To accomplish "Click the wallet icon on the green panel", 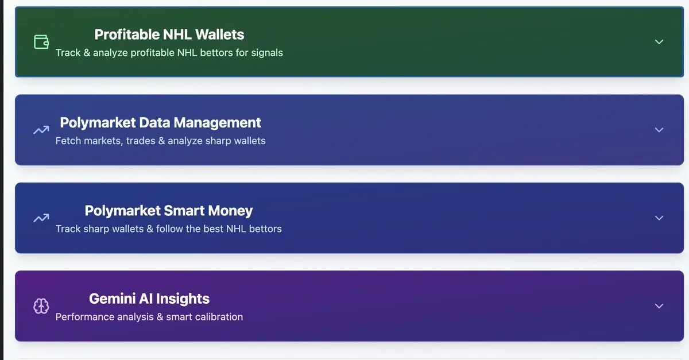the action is (41, 42).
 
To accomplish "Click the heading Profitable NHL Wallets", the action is (169, 34).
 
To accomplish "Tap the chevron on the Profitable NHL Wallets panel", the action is (659, 42).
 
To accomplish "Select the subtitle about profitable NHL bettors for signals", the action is (169, 53).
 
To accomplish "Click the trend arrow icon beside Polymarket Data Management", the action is (41, 130).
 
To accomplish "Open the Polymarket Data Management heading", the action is (161, 122).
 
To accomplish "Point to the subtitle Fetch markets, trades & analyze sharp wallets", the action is (161, 141).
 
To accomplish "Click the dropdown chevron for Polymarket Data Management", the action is (659, 130).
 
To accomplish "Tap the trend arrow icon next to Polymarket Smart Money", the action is (41, 218).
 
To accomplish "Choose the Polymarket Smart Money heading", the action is (169, 211).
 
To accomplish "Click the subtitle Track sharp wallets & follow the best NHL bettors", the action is (169, 229).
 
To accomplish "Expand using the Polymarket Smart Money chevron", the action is (659, 218).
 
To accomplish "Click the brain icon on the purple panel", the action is (41, 306).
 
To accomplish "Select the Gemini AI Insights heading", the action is (149, 299).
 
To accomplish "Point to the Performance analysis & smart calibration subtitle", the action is (149, 316).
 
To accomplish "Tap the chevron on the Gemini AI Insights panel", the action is (659, 306).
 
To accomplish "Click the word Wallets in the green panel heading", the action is (219, 34).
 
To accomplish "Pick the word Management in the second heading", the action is (218, 123).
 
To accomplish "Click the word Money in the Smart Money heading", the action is (230, 211).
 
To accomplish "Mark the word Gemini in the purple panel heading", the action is (113, 299).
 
